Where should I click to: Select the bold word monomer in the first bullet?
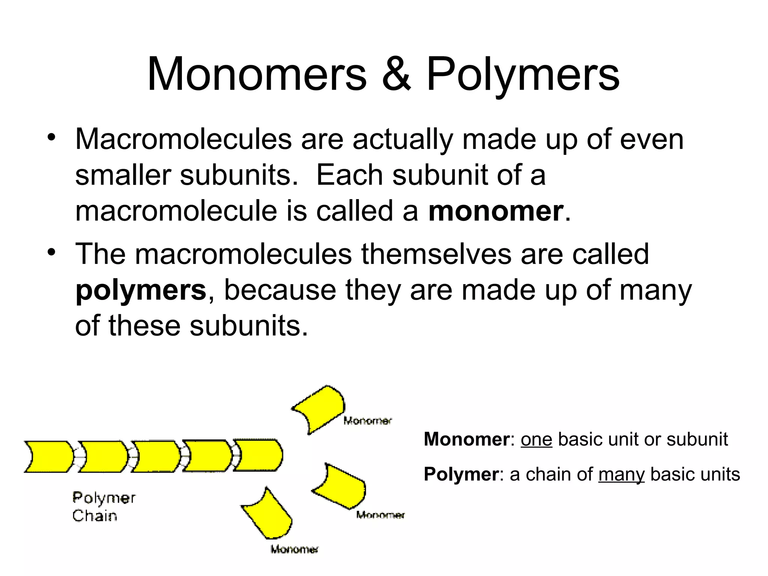pos(496,211)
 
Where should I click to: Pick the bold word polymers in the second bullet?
pos(141,291)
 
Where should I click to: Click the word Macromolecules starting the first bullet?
pos(183,139)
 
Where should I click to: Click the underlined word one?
pos(536,439)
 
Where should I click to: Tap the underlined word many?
pos(621,475)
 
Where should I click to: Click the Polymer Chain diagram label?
pos(103,507)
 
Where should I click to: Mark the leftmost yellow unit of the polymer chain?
pos(49,456)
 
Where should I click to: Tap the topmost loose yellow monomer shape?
pos(321,408)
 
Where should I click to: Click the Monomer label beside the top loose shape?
pos(367,421)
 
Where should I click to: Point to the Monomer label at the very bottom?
pos(294,550)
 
